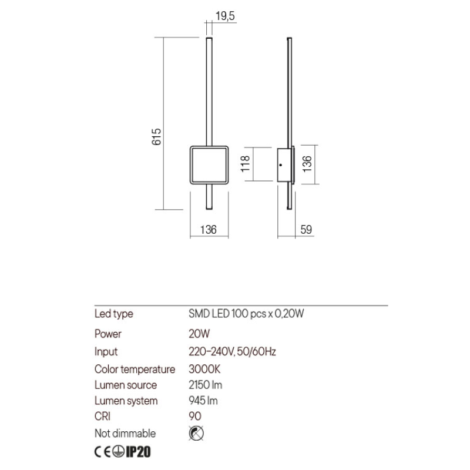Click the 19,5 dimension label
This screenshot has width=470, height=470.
tap(225, 16)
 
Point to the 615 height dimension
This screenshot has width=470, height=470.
tap(156, 137)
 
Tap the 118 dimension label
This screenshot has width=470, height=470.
tap(246, 164)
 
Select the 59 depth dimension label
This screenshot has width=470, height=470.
tap(306, 230)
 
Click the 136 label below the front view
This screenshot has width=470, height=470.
tap(209, 230)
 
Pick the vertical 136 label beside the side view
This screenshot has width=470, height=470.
tap(307, 164)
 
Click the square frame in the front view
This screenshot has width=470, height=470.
tap(191, 165)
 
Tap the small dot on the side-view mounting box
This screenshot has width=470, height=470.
tap(281, 165)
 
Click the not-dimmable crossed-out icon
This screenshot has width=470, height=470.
tap(196, 434)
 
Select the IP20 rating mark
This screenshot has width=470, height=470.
tap(138, 452)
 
